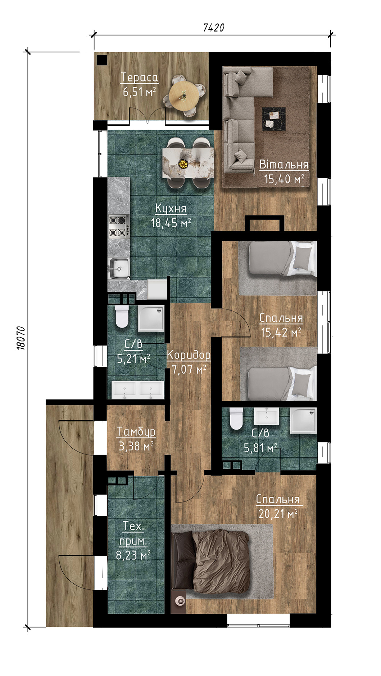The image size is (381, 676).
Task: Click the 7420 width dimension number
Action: click(x=213, y=28)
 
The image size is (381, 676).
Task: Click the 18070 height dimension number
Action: click(x=21, y=338)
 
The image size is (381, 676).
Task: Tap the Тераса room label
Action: click(x=139, y=78)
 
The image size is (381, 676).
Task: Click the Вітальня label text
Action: click(x=284, y=165)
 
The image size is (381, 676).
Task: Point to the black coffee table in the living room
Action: click(x=274, y=119)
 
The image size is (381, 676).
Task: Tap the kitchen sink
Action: click(x=118, y=268)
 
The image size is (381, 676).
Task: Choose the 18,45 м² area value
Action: click(x=171, y=223)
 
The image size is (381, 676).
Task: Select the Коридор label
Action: click(x=189, y=355)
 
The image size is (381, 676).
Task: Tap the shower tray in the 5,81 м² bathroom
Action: click(x=304, y=420)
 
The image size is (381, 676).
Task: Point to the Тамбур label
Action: click(x=136, y=431)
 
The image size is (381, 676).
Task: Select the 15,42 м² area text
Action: click(x=281, y=332)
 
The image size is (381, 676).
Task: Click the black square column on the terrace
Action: click(x=102, y=60)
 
